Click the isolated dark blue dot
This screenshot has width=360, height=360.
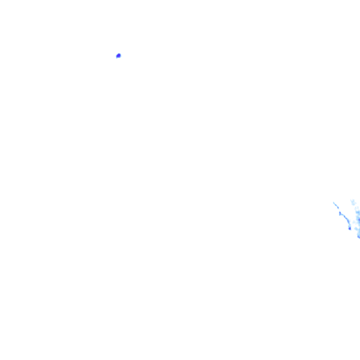118,56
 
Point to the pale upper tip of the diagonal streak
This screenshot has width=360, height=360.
334,202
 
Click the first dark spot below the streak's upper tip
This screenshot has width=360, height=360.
336,205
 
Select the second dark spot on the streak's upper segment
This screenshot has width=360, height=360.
338,208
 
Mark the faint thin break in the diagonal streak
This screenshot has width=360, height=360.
339,210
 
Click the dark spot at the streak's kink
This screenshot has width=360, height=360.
340,213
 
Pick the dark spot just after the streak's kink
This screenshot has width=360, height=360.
345,217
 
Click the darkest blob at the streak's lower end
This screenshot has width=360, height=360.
350,229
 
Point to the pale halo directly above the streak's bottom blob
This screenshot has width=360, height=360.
349,225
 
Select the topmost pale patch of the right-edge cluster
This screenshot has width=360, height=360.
353,201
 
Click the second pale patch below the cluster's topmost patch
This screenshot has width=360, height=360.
357,208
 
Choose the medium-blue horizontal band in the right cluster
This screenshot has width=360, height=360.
358,212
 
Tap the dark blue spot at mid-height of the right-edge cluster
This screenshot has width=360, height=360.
359,220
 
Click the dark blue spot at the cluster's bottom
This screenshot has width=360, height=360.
359,237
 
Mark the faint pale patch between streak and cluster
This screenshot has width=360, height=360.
354,222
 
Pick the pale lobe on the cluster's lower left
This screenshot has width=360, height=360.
356,229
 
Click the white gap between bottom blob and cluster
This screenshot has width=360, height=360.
353,229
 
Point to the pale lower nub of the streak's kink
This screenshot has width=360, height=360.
340,215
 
